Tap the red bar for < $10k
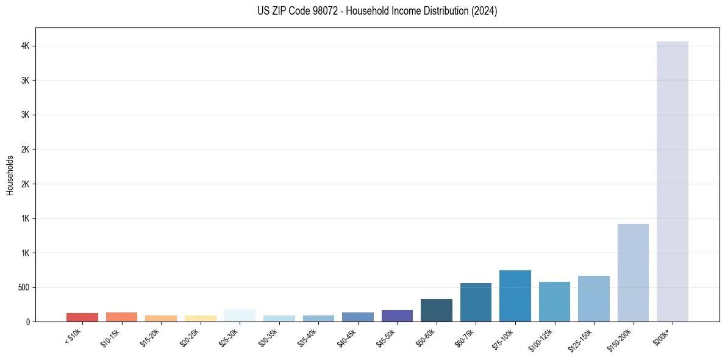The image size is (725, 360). click(82, 317)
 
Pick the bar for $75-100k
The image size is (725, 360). click(515, 296)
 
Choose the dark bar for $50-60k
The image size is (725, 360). click(436, 310)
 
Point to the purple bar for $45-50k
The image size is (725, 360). click(397, 315)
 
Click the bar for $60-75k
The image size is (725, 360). click(476, 302)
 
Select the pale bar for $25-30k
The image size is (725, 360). click(240, 315)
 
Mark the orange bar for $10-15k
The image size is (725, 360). click(121, 317)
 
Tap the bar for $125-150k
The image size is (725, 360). click(593, 298)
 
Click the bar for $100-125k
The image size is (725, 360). click(554, 301)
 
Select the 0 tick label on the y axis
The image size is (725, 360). click(28, 322)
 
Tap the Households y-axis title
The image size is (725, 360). click(10, 175)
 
